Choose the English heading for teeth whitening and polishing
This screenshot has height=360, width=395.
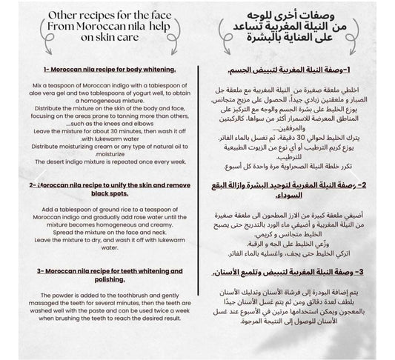99,277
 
